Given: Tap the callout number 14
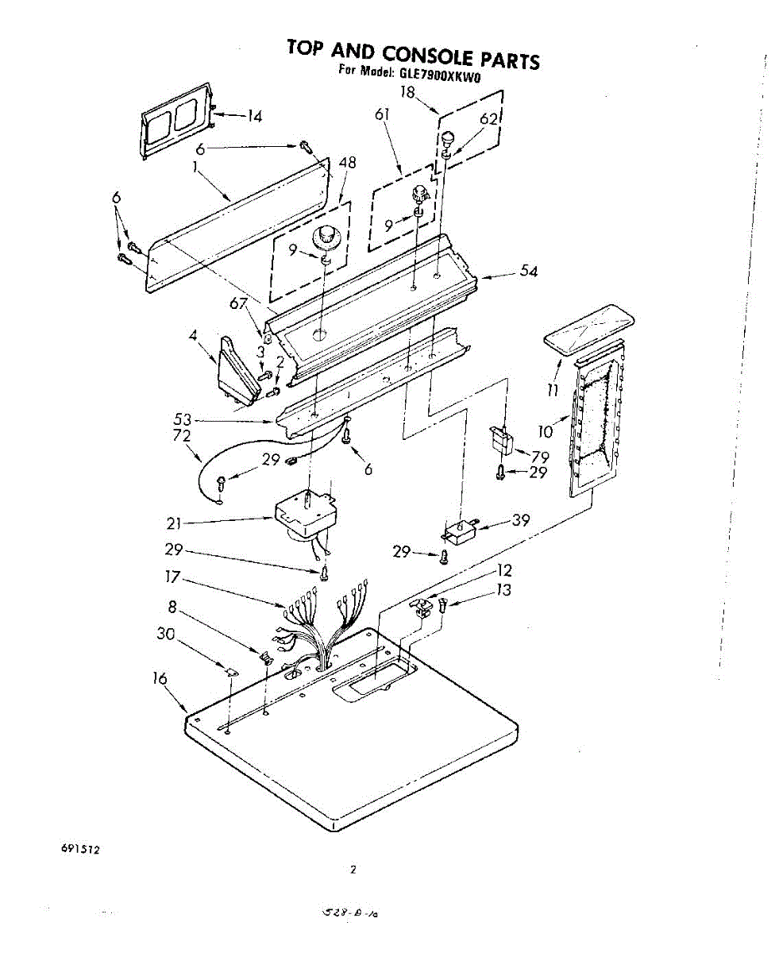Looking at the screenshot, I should [253, 116].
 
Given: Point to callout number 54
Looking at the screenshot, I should [528, 272].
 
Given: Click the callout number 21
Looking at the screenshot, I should [175, 523].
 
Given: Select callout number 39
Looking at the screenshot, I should [521, 520].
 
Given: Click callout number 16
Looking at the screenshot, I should [160, 678].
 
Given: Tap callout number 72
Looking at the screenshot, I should [182, 435].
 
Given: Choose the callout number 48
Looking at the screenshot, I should [347, 163].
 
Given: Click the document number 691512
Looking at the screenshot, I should [79, 849].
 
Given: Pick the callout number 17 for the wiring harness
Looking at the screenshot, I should [173, 577].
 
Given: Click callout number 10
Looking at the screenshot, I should [545, 431].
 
